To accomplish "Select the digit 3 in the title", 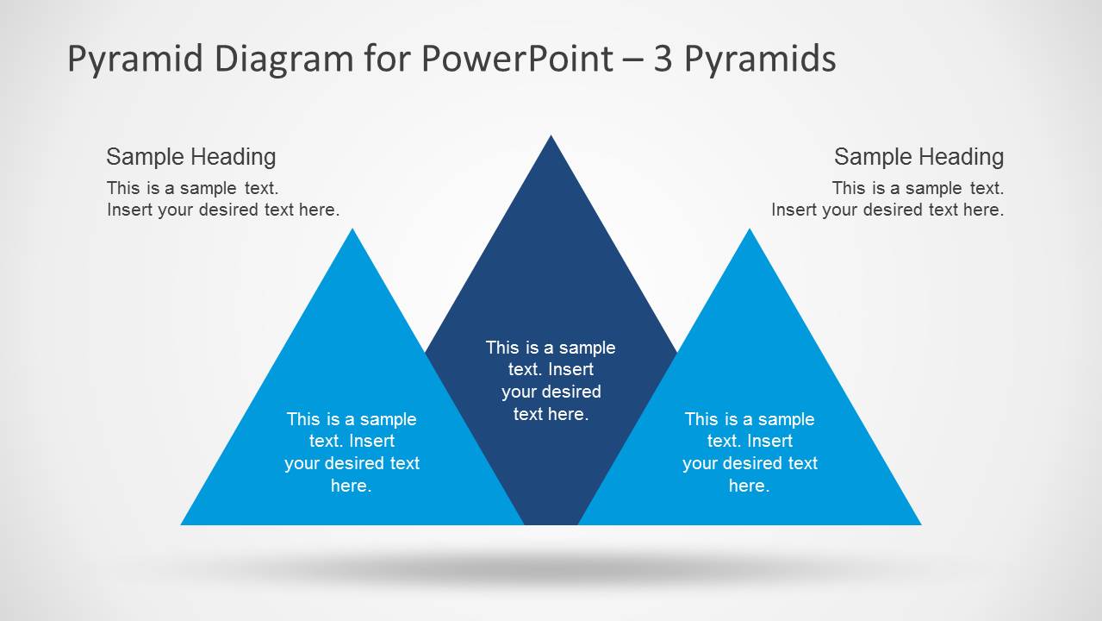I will point(663,59).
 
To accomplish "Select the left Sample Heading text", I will point(191,157).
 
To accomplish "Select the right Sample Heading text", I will point(918,157).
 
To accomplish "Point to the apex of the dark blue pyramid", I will point(551,138).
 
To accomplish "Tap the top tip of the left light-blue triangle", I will point(352,231).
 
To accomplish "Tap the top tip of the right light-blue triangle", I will point(750,231).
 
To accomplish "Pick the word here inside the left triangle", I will point(349,486).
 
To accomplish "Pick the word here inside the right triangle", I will point(747,486).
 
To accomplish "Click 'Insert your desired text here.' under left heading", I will point(223,210).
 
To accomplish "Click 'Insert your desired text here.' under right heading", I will point(887,210).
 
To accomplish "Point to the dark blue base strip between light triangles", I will point(551,509).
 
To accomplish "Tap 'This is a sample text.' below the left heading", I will point(192,188).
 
